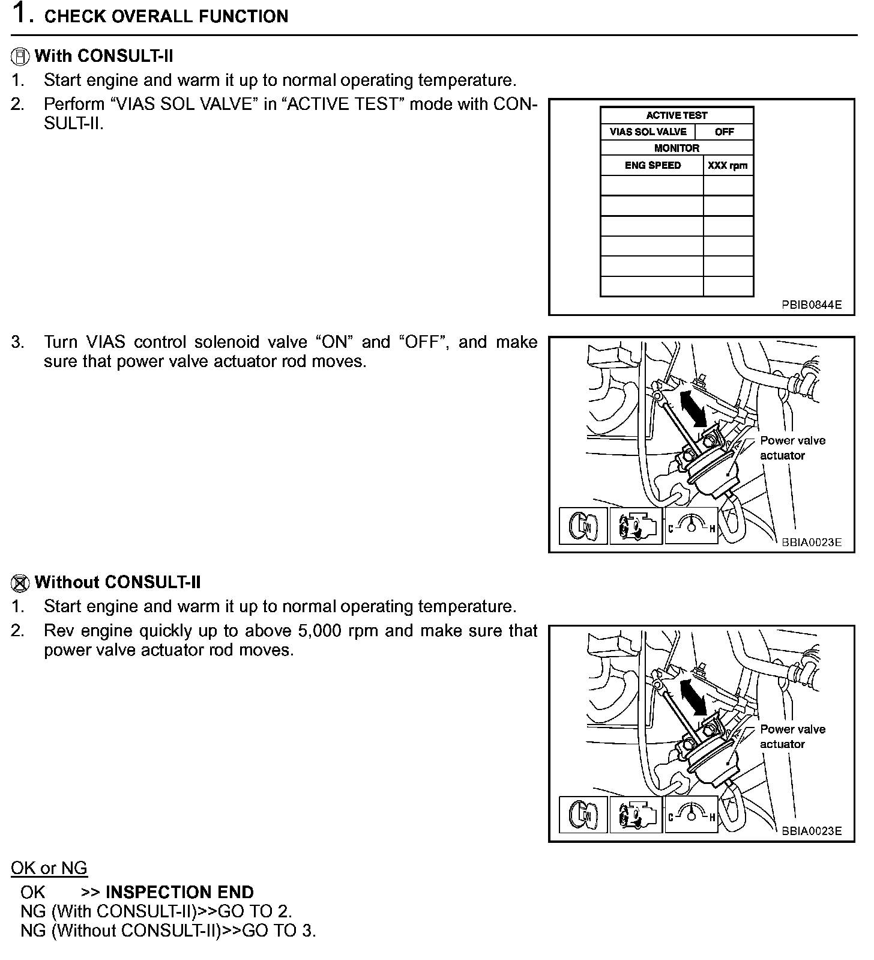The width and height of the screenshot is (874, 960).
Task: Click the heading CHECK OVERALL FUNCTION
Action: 166,16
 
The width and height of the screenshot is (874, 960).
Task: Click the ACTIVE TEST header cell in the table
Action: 677,115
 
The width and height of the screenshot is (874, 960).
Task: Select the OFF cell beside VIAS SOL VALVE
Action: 724,132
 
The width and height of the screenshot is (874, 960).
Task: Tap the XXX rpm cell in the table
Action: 728,165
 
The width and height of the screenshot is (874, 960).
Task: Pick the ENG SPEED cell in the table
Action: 652,165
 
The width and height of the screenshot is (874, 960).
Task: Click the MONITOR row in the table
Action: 677,148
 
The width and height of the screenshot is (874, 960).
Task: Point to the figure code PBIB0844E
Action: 811,305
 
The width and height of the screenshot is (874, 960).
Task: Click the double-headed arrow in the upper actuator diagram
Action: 693,407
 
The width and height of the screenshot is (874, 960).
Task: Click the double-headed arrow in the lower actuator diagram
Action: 693,697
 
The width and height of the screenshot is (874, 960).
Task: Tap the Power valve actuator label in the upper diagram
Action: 792,448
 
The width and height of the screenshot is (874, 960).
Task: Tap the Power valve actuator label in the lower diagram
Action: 792,737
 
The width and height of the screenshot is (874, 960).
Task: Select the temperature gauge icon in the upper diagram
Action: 691,526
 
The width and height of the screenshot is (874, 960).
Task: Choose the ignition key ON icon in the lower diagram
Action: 583,815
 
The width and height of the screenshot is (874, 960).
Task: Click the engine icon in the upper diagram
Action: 636,526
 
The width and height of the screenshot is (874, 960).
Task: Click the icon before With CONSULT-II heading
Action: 20,56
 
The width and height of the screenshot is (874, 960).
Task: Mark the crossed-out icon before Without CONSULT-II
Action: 20,583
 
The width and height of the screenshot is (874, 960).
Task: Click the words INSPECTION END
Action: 179,892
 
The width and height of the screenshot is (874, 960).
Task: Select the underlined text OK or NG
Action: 49,868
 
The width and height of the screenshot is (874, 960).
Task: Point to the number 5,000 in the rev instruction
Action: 319,631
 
